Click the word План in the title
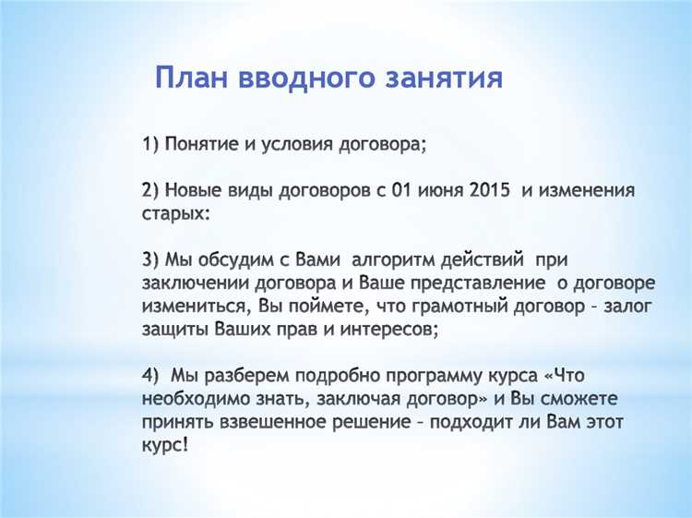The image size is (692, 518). click(x=191, y=78)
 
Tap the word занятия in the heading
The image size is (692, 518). click(x=439, y=78)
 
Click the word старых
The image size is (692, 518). click(x=175, y=213)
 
